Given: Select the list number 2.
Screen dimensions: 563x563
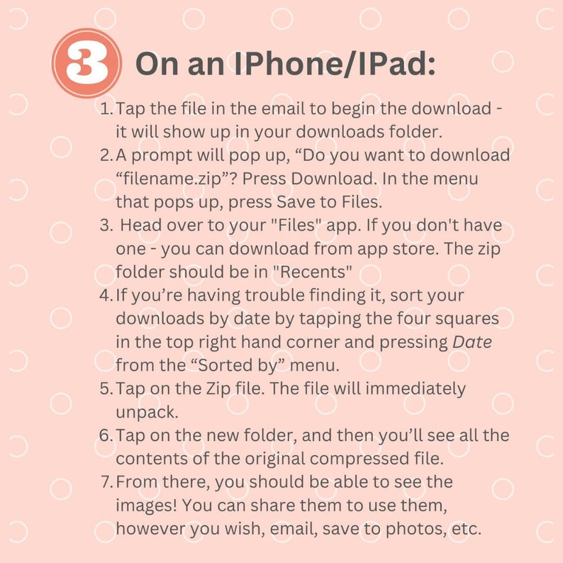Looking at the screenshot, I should click(x=106, y=155).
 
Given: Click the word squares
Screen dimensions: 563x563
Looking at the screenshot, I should click(x=467, y=318).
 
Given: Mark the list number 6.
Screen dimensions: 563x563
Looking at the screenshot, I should click(x=106, y=435).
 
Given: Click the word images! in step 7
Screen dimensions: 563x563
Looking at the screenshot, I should click(x=145, y=505).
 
